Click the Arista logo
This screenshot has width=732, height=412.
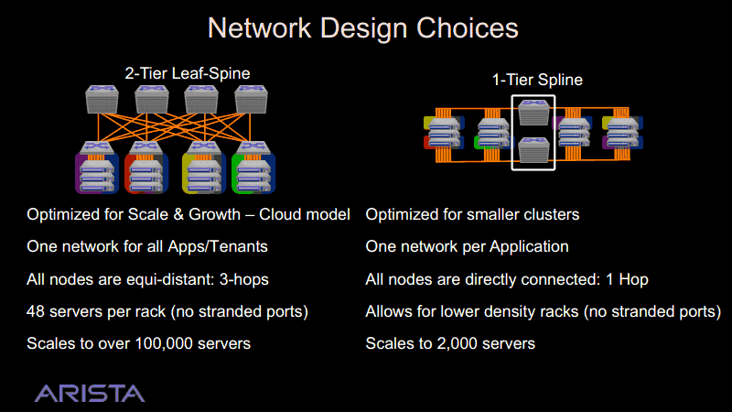90,394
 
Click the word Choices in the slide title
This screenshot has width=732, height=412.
468,27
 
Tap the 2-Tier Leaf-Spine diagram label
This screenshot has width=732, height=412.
188,73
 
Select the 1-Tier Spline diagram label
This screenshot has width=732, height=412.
537,80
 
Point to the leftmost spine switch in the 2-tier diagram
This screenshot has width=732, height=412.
102,99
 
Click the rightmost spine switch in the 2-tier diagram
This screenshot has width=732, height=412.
251,99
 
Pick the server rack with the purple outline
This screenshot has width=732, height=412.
97,173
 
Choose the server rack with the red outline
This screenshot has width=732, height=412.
146,173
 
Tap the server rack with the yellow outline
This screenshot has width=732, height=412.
204,173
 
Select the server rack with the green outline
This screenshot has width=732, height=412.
253,173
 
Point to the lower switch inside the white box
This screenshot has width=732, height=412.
533,149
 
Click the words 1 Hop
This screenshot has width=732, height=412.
627,279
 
